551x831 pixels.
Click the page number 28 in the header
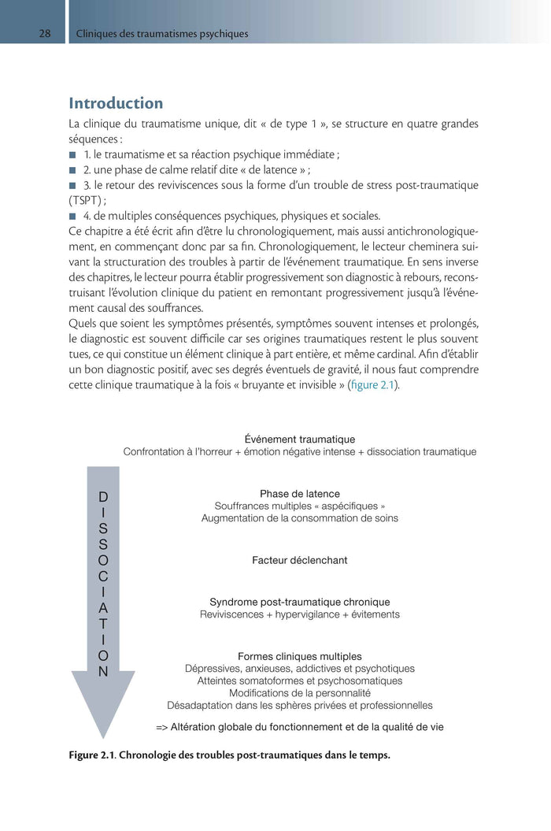[46, 34]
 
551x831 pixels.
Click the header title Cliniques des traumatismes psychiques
[162, 34]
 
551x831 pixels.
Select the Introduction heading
[116, 103]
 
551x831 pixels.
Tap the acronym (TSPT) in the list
[88, 200]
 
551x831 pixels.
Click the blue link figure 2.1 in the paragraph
[373, 384]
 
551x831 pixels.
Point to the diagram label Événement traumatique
[299, 439]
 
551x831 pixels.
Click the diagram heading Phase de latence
[299, 493]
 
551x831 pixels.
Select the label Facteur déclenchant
[299, 560]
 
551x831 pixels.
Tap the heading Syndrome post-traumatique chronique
[299, 602]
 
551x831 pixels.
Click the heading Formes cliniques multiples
[299, 656]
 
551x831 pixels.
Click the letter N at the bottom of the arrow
[103, 672]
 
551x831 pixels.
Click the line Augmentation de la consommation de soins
[299, 518]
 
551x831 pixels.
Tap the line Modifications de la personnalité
[299, 693]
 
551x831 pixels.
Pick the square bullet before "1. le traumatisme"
[72, 154]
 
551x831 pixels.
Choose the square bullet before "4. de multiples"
[72, 216]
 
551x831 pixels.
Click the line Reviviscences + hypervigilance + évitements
[299, 614]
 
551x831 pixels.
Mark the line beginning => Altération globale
[299, 727]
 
